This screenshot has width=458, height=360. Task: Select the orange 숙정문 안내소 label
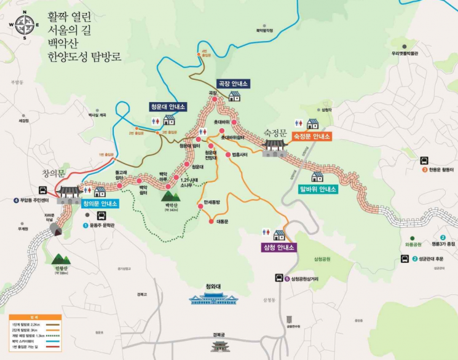coord(312,136)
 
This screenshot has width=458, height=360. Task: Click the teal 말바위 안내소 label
coord(317,189)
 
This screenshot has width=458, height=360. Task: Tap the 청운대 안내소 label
coord(167,106)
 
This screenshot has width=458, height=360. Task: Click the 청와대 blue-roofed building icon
coord(213,299)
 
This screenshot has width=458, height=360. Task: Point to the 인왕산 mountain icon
coord(61,263)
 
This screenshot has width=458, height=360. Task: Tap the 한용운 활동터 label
coord(438,170)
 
